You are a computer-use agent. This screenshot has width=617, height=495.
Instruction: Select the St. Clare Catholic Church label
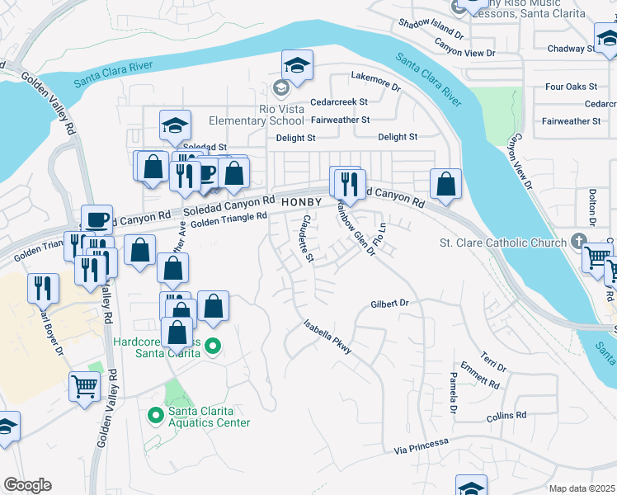pos(503,243)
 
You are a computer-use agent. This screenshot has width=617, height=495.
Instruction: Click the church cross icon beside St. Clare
pos(580,242)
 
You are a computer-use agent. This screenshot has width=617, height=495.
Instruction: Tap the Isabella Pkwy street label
pos(327,337)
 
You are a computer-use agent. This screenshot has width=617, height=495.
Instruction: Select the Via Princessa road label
pos(422,445)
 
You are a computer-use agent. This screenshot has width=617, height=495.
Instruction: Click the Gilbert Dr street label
pos(389,304)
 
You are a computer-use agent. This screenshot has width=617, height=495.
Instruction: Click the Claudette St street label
pos(306,240)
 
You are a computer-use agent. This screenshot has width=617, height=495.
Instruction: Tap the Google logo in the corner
pos(27,485)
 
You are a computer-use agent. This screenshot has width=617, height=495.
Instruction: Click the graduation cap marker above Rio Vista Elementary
pos(297,64)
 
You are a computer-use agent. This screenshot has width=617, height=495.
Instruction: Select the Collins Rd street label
pos(506,417)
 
